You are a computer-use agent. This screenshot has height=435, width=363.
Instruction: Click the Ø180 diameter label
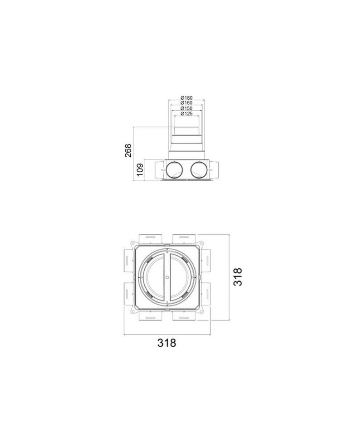tap(186, 98)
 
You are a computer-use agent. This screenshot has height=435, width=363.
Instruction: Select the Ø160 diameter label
tap(186, 103)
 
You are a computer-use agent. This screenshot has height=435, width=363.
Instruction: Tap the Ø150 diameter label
tap(186, 108)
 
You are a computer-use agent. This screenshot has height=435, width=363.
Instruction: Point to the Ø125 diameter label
tap(186, 113)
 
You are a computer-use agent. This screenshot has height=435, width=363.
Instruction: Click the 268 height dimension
tap(128, 150)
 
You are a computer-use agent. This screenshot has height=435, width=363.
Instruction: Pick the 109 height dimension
tap(140, 170)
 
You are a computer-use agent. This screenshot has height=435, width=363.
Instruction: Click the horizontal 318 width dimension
tap(167, 343)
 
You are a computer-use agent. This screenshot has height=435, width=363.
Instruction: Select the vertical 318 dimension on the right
tap(238, 276)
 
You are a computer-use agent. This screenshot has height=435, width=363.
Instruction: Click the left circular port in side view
tap(175, 170)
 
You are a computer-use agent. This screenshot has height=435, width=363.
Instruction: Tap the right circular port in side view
tap(199, 170)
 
